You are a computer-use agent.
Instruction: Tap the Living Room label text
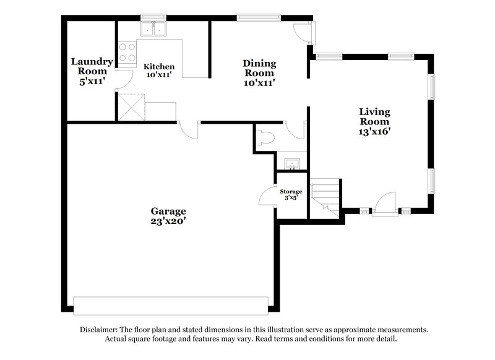[375, 121]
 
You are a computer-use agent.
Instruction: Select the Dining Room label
[259, 72]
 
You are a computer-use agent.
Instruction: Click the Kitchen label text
[159, 70]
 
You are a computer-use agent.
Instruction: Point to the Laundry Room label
[92, 71]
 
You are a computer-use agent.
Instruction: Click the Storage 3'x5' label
[291, 195]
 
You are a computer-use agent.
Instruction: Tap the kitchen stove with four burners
[127, 53]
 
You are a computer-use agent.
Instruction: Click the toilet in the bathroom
[265, 138]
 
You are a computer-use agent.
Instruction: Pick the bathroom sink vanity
[292, 164]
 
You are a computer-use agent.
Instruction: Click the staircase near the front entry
[325, 197]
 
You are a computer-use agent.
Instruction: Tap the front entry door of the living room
[385, 204]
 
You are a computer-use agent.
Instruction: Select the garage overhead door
[170, 306]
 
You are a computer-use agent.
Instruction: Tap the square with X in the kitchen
[132, 106]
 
